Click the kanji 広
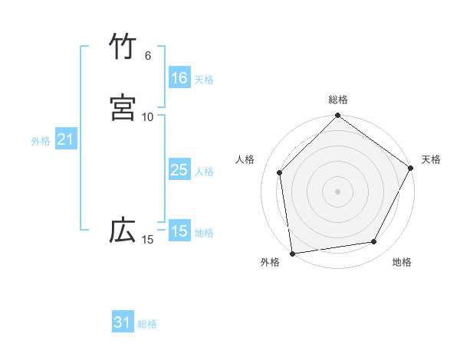point(123,231)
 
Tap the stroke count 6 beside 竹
point(148,56)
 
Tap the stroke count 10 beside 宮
point(148,116)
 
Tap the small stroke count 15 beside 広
point(148,240)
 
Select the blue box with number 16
point(179,78)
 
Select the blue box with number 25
point(179,170)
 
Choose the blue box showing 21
point(66,139)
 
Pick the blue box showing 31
point(123,322)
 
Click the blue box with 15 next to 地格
point(179,231)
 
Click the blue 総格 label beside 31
point(147,324)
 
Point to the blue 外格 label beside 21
point(41,141)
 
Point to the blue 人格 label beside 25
point(204,172)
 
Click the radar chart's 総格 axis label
point(338,100)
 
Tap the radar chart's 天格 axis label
point(431,159)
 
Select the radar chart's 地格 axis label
point(402,262)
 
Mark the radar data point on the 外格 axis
point(292,253)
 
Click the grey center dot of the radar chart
point(338,191)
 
